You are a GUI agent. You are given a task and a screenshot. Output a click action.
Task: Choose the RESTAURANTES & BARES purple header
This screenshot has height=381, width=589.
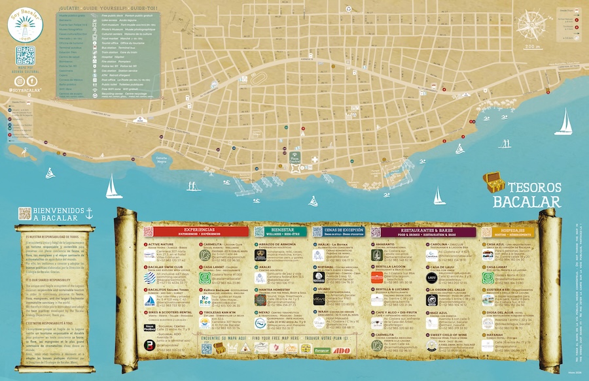[423, 231]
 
